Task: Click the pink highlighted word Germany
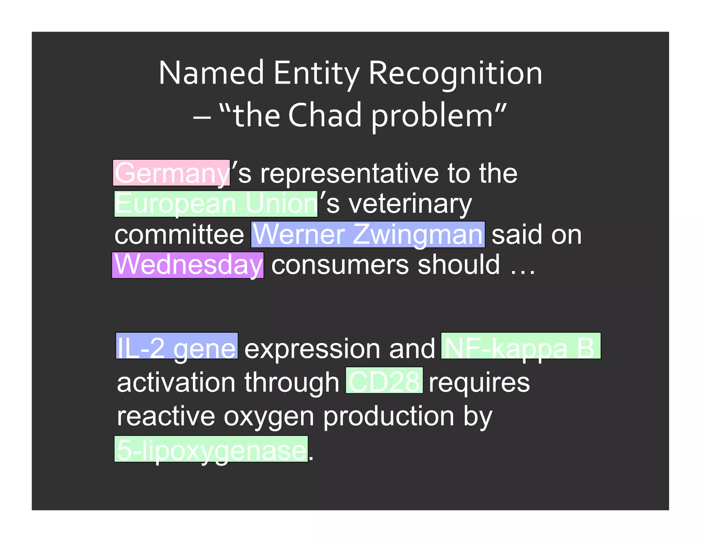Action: click(171, 173)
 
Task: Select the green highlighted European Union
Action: click(216, 204)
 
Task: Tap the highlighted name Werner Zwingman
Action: click(368, 235)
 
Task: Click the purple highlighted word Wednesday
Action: click(188, 265)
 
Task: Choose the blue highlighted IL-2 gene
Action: click(177, 346)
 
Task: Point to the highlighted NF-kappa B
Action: click(521, 346)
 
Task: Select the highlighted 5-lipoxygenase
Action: click(211, 449)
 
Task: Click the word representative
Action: click(349, 174)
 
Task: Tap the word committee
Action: click(179, 235)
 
